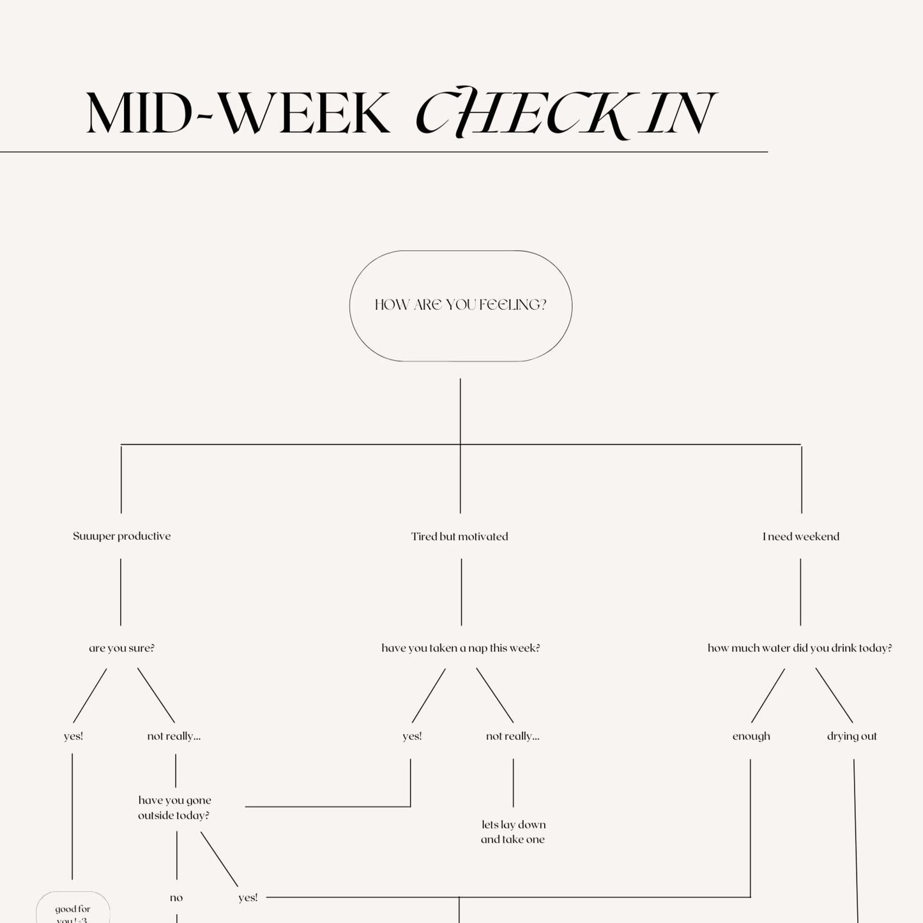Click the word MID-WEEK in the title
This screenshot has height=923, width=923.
tap(238, 114)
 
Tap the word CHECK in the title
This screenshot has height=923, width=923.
tap(521, 114)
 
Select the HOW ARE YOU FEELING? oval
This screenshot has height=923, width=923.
tap(461, 305)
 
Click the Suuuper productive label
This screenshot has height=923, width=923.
tap(121, 536)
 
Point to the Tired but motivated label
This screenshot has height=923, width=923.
tap(460, 537)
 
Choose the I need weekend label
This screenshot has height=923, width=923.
tap(800, 537)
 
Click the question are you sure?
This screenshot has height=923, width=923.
tap(121, 648)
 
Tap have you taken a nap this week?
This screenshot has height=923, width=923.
tap(461, 648)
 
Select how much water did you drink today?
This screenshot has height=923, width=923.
tap(800, 648)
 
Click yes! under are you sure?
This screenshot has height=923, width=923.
tap(73, 736)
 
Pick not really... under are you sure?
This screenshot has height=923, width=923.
tap(174, 736)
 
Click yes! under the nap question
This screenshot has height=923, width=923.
tap(412, 736)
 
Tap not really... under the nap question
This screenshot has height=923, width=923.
tap(512, 736)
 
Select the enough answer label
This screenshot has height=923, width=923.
tap(751, 736)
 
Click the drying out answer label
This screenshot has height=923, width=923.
tap(851, 736)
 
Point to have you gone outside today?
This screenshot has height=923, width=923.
tap(174, 807)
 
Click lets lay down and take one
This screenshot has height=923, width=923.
tap(513, 832)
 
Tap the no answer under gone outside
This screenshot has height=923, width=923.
tap(176, 897)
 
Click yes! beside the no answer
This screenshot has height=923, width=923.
tap(248, 897)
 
